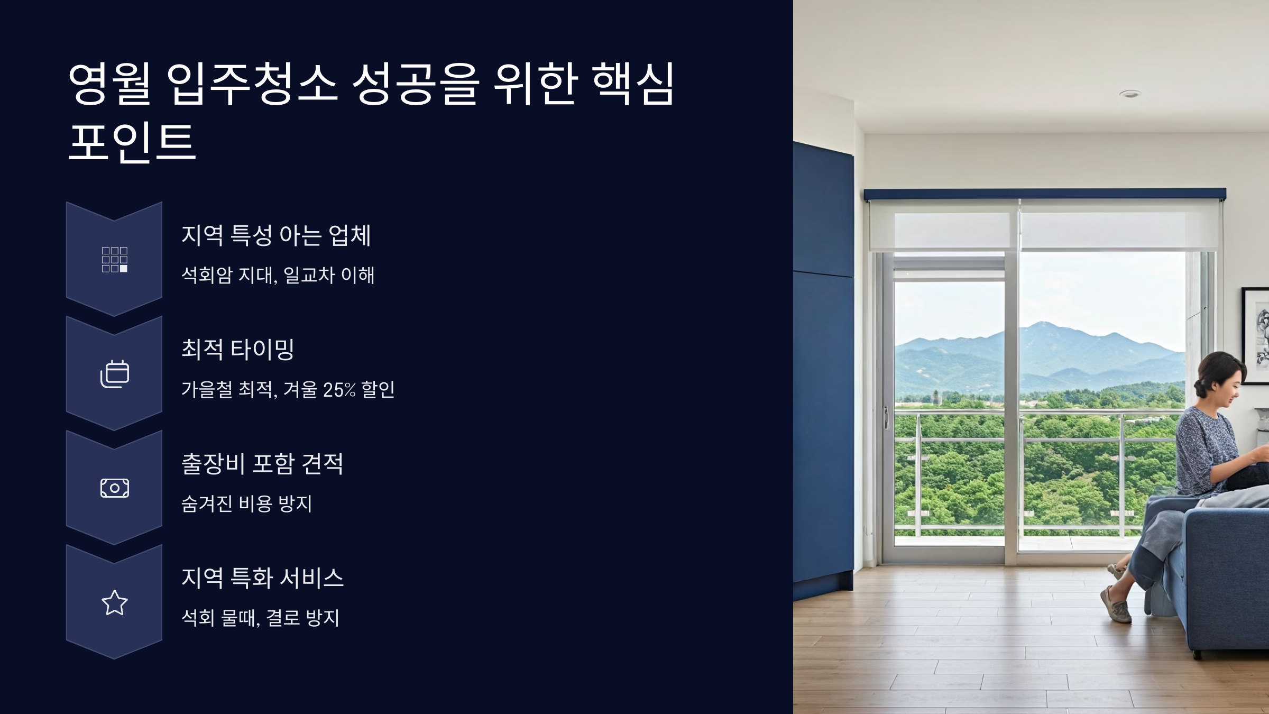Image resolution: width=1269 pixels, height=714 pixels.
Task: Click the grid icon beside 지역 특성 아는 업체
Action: coord(114,259)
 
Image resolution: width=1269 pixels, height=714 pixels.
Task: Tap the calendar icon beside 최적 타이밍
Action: coord(114,374)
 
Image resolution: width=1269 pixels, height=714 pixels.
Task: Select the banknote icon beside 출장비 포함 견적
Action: coord(114,488)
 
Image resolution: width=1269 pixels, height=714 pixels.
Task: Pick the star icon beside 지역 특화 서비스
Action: coord(114,602)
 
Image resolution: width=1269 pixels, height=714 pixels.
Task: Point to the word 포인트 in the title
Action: coord(132,142)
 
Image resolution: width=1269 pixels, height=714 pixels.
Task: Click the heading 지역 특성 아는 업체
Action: coord(276,235)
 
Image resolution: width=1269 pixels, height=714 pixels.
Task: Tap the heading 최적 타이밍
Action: coord(237,349)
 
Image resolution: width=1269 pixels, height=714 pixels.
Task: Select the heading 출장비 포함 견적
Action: coord(262,464)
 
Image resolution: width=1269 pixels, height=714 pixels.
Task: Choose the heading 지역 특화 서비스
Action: coord(262,578)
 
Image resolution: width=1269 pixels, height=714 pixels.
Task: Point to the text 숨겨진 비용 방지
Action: coord(246,504)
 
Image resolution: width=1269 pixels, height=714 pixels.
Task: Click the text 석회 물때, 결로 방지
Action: coord(260,618)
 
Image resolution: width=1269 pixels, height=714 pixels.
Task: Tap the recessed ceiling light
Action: coord(1129,94)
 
